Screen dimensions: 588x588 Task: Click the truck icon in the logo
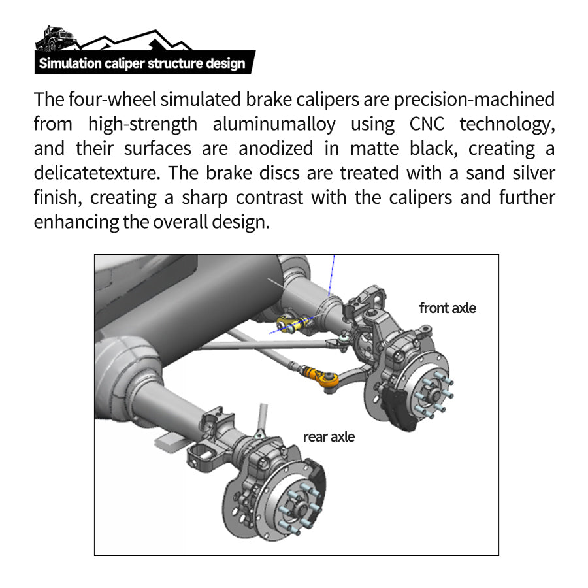point(56,39)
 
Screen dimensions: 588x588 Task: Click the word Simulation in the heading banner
point(70,63)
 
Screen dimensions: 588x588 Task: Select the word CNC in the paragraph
point(427,124)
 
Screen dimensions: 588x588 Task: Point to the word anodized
point(276,148)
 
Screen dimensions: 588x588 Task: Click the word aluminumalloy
point(274,125)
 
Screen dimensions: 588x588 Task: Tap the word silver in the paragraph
point(534,173)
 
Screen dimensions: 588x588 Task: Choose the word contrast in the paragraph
point(269,197)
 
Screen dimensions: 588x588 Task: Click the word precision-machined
point(474,100)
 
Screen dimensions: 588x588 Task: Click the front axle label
point(448,308)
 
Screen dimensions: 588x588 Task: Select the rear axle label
point(329,437)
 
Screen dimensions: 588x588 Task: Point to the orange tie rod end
point(323,379)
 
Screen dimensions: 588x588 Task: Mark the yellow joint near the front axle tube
point(288,323)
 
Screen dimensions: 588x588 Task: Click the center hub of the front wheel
point(435,394)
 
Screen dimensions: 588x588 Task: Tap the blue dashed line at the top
point(331,276)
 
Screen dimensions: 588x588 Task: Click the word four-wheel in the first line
point(112,100)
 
